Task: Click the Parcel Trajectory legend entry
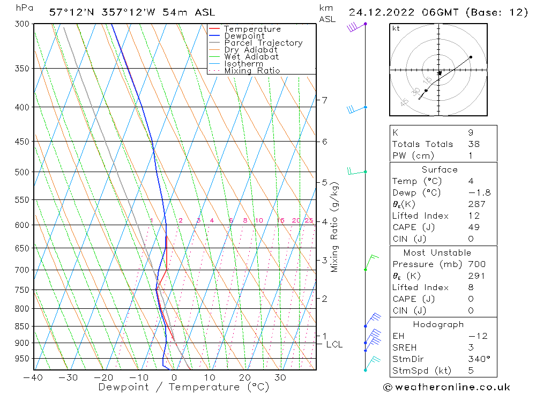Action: pos(263,43)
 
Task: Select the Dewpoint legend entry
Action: pos(244,36)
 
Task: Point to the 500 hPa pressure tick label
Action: pos(21,172)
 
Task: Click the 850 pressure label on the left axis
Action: pos(21,326)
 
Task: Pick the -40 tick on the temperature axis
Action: pos(33,377)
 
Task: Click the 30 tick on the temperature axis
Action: pos(280,377)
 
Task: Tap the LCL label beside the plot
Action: pos(334,344)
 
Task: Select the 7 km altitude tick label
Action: pos(324,100)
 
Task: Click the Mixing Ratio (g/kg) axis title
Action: pos(335,227)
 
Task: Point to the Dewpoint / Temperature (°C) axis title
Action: pos(184,387)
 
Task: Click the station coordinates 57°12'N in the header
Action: pos(70,12)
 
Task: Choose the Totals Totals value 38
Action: pos(474,144)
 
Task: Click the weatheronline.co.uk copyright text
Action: pos(446,387)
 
